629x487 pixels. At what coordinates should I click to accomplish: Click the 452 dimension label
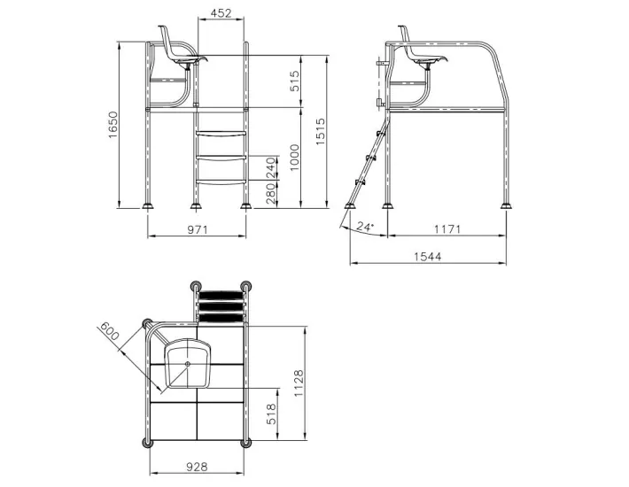click(221, 12)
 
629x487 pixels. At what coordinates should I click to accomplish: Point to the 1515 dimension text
click(321, 133)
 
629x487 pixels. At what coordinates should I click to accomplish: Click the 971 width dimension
click(197, 229)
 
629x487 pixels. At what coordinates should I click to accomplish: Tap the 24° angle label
click(364, 227)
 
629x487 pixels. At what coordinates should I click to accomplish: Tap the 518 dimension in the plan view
click(272, 414)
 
